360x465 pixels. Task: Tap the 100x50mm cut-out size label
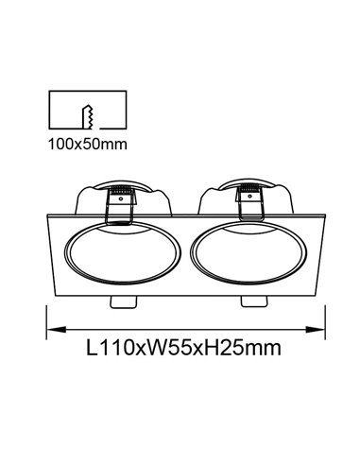(86, 146)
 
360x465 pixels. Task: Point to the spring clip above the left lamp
(120, 200)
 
